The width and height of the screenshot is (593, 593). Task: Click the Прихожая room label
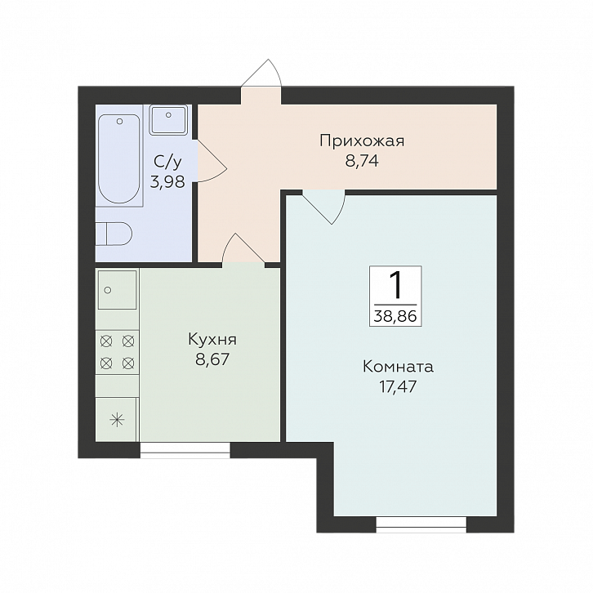pos(361,140)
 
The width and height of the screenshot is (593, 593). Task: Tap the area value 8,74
pos(362,161)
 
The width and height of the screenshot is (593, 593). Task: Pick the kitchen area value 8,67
pos(212,359)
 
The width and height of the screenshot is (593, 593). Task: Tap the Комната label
pos(398,367)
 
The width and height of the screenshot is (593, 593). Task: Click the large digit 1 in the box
pos(396,285)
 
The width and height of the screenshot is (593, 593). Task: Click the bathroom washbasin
pos(169,121)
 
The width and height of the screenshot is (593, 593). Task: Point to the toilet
pos(112,234)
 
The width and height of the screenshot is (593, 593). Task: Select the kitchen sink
pos(117,289)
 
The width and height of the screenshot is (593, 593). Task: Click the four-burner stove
pos(117,351)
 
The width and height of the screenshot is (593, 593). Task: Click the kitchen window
pos(185,448)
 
